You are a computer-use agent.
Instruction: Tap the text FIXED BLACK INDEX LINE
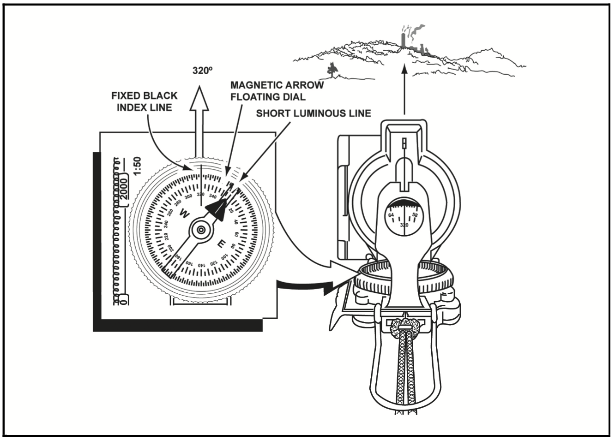pyautogui.click(x=145, y=101)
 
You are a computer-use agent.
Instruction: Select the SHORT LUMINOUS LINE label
pyautogui.click(x=314, y=113)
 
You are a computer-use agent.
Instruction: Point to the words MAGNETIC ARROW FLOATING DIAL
pyautogui.click(x=277, y=91)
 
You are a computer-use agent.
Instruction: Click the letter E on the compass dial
pyautogui.click(x=222, y=244)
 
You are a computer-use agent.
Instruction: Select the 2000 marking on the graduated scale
pyautogui.click(x=124, y=187)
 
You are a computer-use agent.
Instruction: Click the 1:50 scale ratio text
pyautogui.click(x=137, y=166)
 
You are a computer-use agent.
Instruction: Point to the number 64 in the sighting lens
pyautogui.click(x=391, y=215)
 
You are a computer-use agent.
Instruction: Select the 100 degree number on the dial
pyautogui.click(x=223, y=258)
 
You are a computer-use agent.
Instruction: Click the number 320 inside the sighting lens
pyautogui.click(x=404, y=225)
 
